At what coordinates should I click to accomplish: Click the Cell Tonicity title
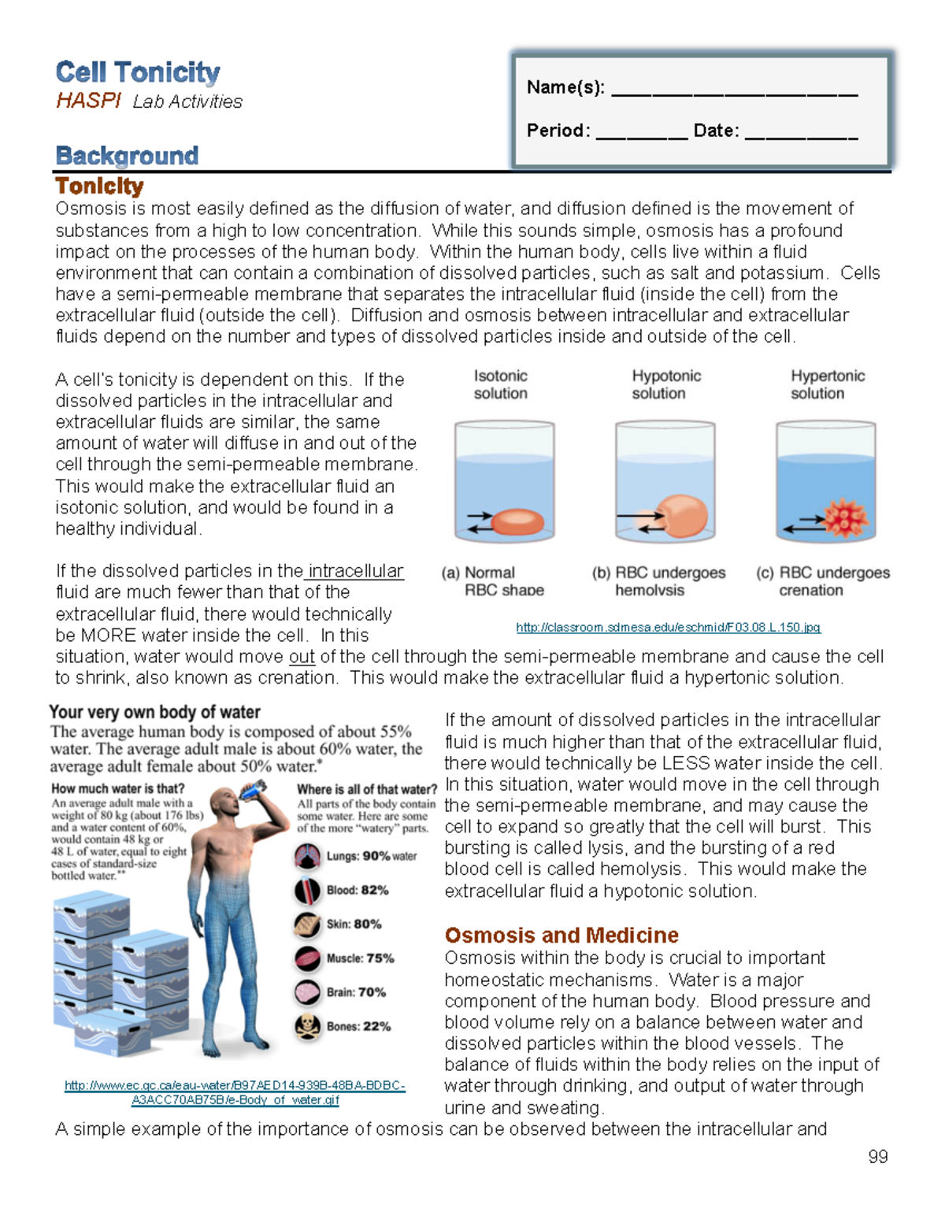tap(138, 72)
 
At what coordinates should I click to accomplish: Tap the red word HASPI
tap(88, 101)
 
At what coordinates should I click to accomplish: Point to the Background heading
tap(127, 156)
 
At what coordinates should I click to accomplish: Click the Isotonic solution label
tap(500, 384)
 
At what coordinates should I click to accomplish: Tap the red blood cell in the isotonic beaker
tap(517, 521)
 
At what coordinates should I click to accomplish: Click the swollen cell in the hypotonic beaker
tap(681, 516)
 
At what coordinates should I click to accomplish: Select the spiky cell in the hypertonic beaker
tap(845, 518)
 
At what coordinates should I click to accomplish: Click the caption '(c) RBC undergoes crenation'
tap(822, 581)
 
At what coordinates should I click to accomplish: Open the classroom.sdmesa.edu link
tap(668, 628)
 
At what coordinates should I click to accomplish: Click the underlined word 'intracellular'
tap(355, 571)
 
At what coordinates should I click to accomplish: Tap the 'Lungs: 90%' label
tap(370, 856)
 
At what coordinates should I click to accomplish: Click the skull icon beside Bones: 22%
tap(307, 1027)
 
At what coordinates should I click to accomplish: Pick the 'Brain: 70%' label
tap(356, 992)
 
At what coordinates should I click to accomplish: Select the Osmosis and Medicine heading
tap(561, 935)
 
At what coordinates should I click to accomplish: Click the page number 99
tap(877, 1156)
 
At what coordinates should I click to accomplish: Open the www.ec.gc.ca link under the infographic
tap(235, 1093)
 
